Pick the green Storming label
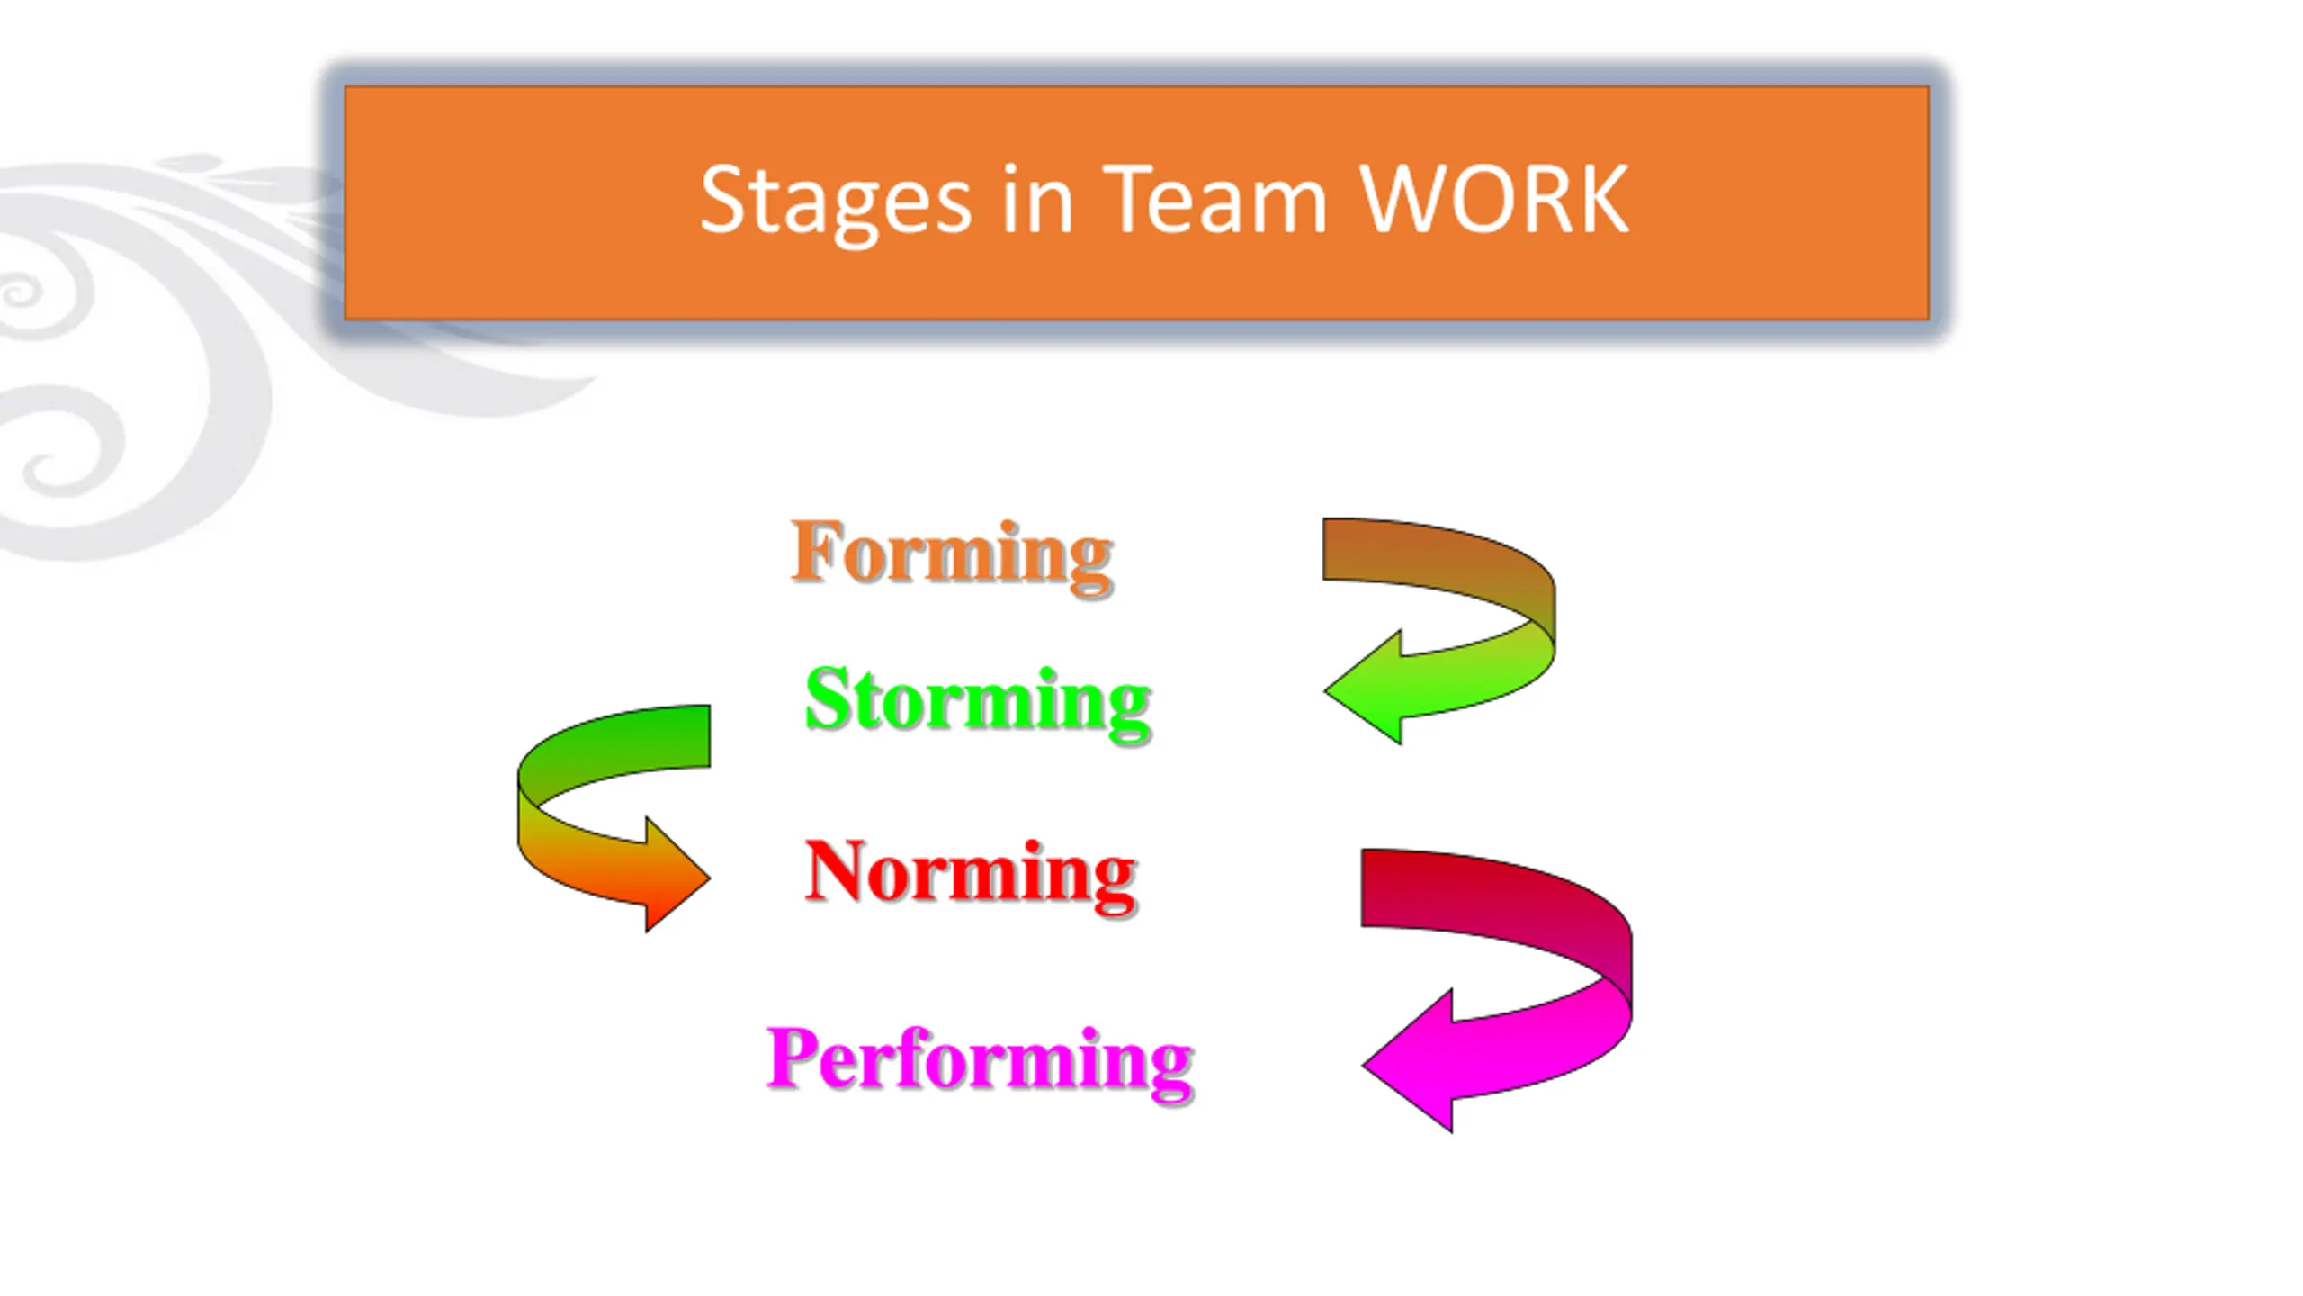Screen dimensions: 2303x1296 [x=978, y=700]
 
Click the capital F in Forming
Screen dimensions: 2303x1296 [x=815, y=550]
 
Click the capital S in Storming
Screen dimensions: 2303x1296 [x=828, y=698]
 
